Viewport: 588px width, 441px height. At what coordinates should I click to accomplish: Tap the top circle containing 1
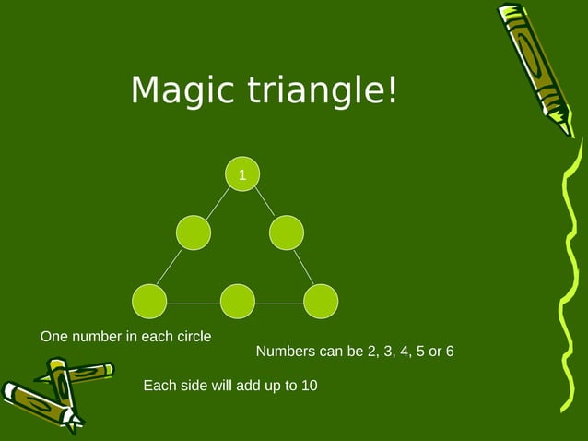pyautogui.click(x=242, y=174)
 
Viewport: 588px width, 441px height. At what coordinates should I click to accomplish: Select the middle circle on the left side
pyautogui.click(x=194, y=232)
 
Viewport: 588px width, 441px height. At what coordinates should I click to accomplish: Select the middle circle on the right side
pyautogui.click(x=287, y=232)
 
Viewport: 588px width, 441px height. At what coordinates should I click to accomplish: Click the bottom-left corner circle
pyautogui.click(x=149, y=301)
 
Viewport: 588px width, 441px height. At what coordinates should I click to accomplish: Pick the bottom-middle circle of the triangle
pyautogui.click(x=238, y=301)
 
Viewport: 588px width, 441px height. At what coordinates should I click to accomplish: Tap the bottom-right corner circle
pyautogui.click(x=321, y=301)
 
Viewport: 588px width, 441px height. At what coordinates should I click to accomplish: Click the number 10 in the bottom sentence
pyautogui.click(x=309, y=386)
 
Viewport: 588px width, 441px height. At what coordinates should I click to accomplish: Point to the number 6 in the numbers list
pyautogui.click(x=449, y=352)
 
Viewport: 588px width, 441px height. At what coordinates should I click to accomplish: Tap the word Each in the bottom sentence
pyautogui.click(x=159, y=386)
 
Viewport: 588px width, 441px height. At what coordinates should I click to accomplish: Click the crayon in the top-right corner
pyautogui.click(x=536, y=65)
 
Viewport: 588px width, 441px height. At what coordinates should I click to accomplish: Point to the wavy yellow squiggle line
pyautogui.click(x=570, y=277)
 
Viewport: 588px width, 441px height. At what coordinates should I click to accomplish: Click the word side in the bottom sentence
pyautogui.click(x=196, y=386)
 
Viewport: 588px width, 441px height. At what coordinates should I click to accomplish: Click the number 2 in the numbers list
pyautogui.click(x=370, y=352)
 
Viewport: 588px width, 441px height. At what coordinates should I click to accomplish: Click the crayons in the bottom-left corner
pyautogui.click(x=51, y=392)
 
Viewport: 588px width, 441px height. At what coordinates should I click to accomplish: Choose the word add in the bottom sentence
pyautogui.click(x=250, y=386)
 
